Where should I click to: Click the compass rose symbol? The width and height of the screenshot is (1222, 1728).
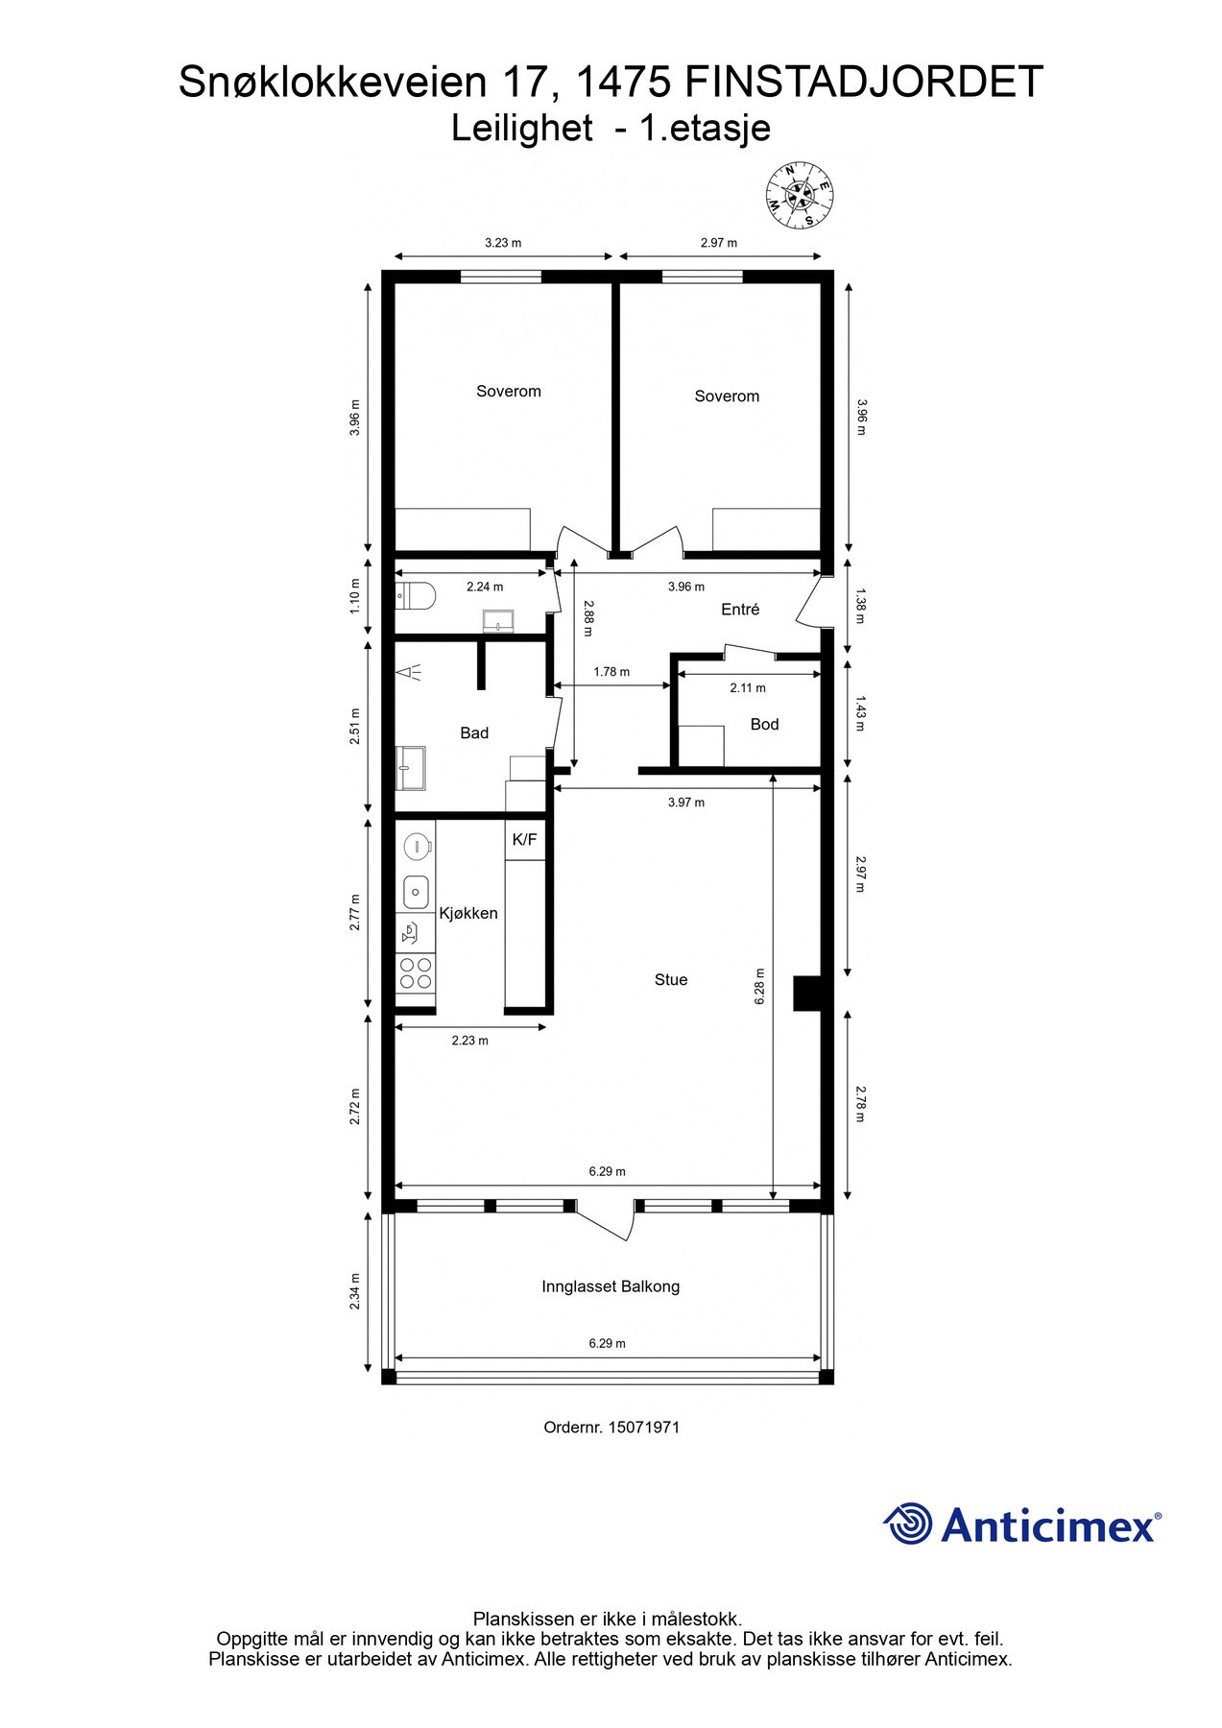pos(800,196)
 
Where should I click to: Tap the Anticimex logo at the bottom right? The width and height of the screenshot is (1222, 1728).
pos(1021,1524)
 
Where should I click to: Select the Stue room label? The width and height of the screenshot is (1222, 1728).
pos(671,979)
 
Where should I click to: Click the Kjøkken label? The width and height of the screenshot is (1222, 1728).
pos(468,913)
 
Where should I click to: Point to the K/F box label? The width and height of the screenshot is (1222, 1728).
pos(524,839)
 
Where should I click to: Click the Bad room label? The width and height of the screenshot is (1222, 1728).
pos(474,732)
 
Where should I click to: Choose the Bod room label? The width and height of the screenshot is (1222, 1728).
pos(764,724)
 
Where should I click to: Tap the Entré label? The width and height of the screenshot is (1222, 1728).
pos(740,609)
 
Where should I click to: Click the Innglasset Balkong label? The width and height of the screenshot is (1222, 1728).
pos(611,1286)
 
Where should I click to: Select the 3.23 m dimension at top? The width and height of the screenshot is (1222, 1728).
pos(503,243)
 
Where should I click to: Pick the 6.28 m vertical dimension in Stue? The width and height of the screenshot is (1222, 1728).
pos(759,986)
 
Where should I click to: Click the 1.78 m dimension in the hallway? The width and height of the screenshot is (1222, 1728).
pos(611,672)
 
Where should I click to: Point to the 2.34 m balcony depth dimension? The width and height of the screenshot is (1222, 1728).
pos(355,1291)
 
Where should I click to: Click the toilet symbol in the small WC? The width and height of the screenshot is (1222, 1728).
pos(417,596)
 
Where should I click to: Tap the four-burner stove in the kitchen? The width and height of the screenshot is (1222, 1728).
pos(416,973)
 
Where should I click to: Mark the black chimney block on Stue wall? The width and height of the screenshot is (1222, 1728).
pos(805,993)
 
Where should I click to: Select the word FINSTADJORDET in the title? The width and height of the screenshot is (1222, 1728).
pos(864,83)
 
